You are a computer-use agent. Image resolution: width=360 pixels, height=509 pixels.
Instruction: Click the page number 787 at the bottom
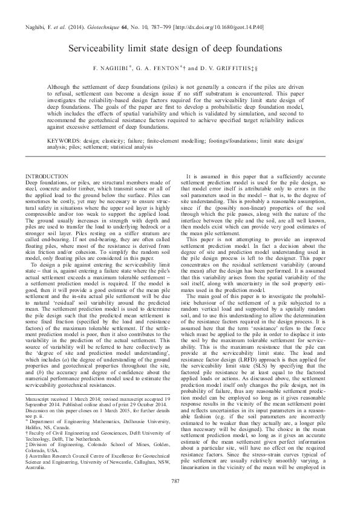pos(180,481)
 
